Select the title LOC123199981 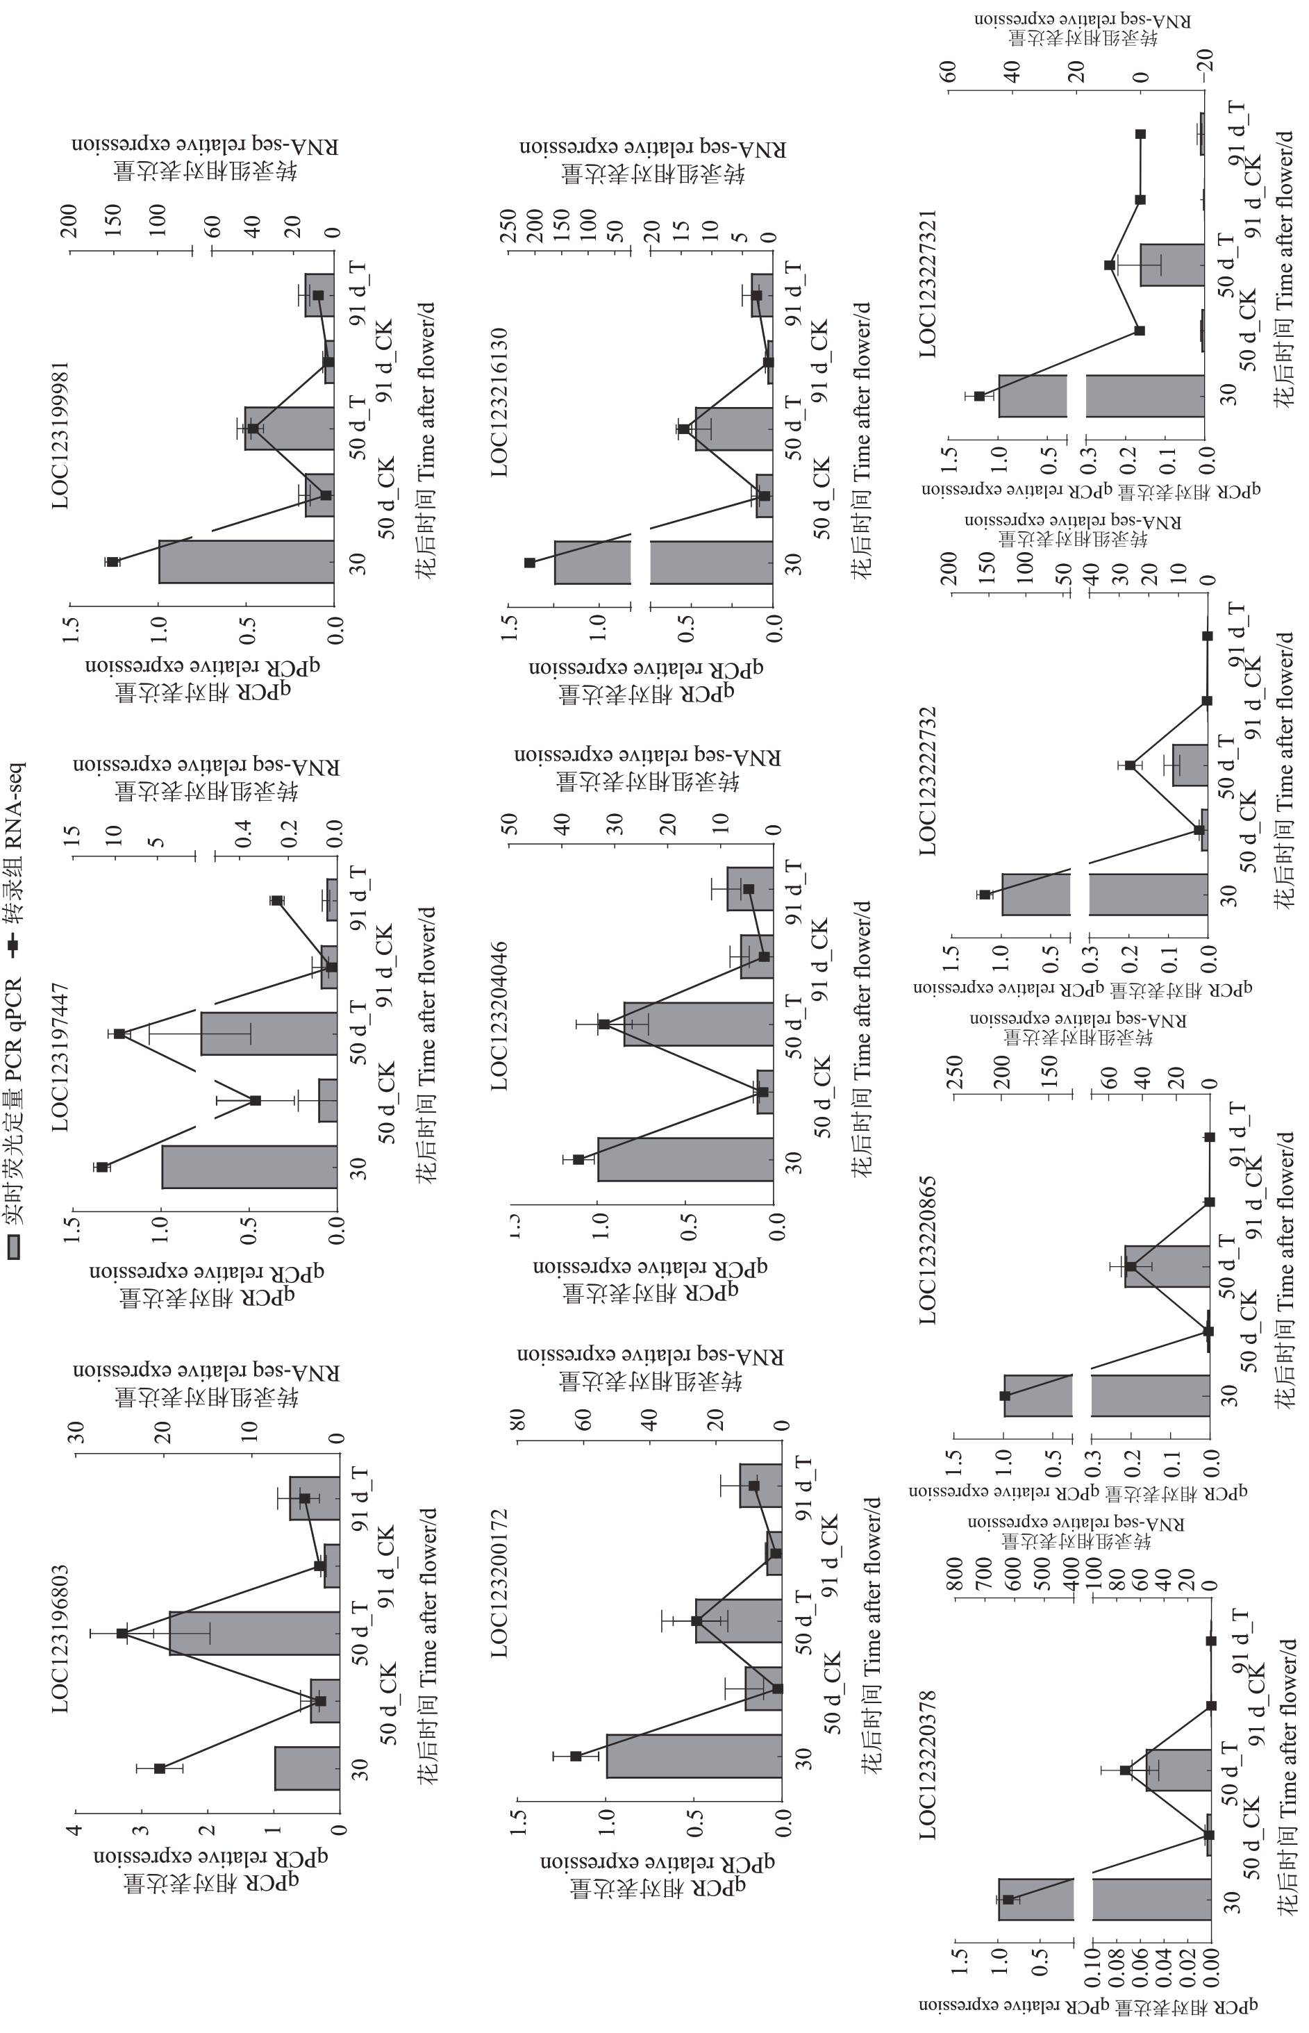click(x=60, y=434)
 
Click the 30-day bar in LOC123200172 click(x=694, y=1755)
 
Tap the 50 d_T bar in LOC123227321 click(x=1172, y=265)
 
